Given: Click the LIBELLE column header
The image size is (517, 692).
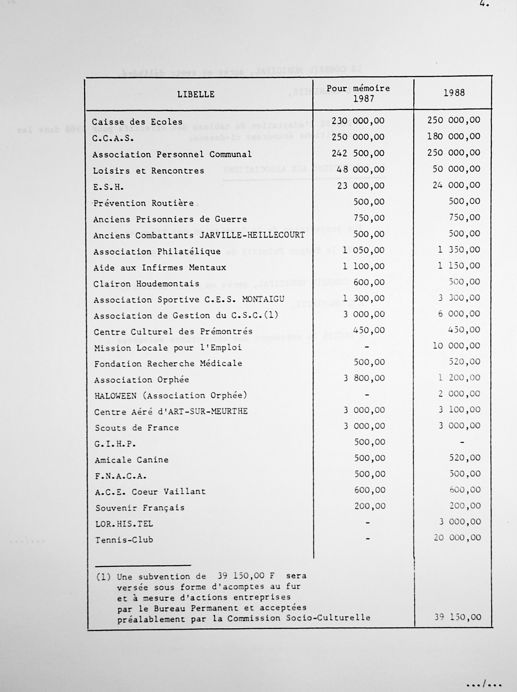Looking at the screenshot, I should (x=196, y=94).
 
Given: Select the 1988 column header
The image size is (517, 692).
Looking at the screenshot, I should (x=454, y=93).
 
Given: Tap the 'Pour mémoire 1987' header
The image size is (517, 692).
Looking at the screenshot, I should (x=358, y=94).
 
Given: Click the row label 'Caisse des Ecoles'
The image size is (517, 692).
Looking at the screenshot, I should (x=137, y=122).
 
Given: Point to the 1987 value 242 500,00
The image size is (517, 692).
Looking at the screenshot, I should (x=358, y=153).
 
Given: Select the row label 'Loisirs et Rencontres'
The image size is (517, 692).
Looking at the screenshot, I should (x=148, y=171).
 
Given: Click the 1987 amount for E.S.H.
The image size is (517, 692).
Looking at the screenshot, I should (x=361, y=186).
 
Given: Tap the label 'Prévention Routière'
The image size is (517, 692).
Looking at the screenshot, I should (x=143, y=203).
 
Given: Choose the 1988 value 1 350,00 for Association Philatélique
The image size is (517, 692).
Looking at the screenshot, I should (x=459, y=250).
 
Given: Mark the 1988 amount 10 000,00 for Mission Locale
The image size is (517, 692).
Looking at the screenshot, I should (x=456, y=346).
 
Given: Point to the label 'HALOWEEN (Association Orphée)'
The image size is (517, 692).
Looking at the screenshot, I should (x=170, y=396).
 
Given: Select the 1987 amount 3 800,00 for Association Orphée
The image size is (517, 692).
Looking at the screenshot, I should (x=364, y=378).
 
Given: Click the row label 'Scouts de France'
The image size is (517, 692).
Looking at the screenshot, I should (x=137, y=428).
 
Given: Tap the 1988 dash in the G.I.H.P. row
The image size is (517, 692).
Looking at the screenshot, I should (x=462, y=442).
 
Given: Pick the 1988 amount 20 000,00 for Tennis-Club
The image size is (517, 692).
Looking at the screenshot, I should (x=457, y=538).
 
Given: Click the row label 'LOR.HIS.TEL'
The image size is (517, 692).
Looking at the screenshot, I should (x=124, y=524).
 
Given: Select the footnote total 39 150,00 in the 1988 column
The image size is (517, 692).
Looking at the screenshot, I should (x=457, y=617).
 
